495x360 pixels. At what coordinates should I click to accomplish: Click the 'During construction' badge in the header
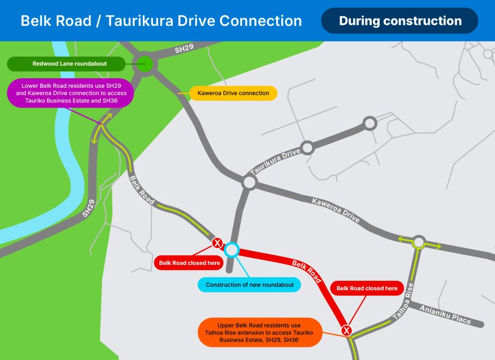click(x=400, y=21)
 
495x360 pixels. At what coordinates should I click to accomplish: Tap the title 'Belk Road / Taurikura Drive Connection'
click(x=161, y=21)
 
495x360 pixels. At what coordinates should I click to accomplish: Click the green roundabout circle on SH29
click(x=145, y=63)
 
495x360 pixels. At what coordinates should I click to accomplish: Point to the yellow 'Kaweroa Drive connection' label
click(x=233, y=93)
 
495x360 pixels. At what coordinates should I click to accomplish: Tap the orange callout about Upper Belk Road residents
click(x=260, y=332)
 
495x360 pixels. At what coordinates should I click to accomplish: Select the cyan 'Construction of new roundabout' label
click(x=250, y=285)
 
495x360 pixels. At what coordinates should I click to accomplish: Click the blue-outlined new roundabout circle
click(x=232, y=249)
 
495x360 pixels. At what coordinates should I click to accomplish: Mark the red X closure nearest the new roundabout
click(x=217, y=243)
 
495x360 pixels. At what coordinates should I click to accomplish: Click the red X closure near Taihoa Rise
click(x=347, y=330)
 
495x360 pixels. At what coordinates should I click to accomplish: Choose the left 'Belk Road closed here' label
click(x=190, y=263)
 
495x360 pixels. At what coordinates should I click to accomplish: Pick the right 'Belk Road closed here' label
click(x=367, y=288)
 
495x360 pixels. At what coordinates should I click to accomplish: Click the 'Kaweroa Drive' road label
click(x=336, y=209)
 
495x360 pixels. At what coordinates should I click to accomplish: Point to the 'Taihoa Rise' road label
click(x=404, y=302)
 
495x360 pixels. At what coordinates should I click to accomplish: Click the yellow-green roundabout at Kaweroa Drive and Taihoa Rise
click(x=418, y=242)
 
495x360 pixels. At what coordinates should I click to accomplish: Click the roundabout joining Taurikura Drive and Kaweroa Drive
click(x=249, y=182)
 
